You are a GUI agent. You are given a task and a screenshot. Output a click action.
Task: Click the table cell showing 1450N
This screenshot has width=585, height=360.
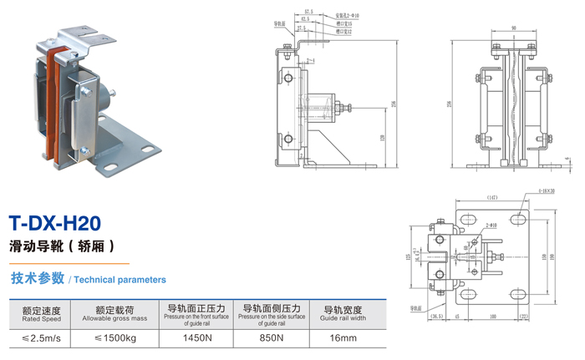pyautogui.click(x=198, y=338)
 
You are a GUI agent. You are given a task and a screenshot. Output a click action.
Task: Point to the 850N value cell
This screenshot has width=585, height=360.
pyautogui.click(x=271, y=338)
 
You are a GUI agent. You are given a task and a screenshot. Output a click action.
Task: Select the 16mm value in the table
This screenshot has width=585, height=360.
pyautogui.click(x=342, y=338)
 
